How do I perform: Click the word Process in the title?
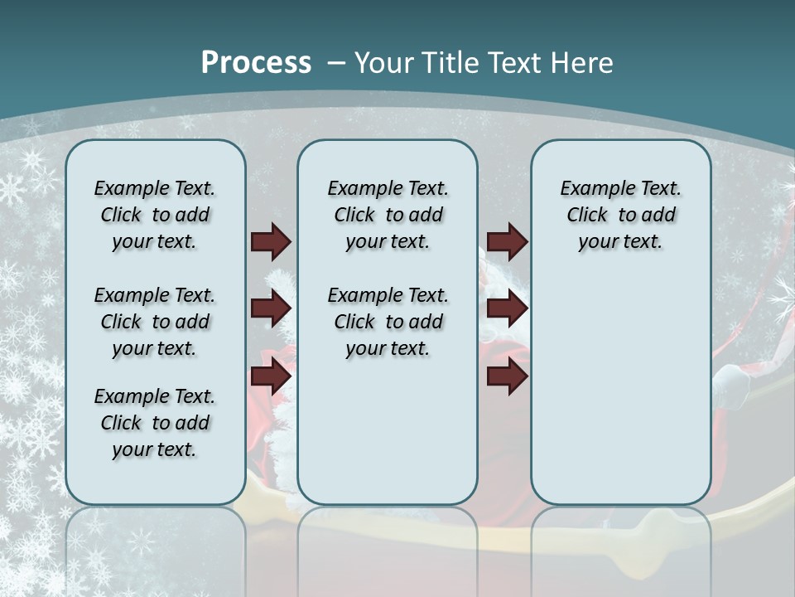[256, 63]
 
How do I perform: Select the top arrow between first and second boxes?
[271, 242]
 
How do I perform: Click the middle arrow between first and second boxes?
[271, 309]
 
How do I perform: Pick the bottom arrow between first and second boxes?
[271, 376]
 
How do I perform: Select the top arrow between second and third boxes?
[508, 242]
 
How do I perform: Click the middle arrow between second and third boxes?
[508, 309]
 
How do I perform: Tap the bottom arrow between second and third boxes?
[508, 376]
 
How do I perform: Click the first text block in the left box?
[155, 215]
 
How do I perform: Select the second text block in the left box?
[155, 322]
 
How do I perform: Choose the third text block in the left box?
[155, 423]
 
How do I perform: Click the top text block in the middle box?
[388, 215]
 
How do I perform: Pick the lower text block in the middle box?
[388, 322]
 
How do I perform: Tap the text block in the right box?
[620, 215]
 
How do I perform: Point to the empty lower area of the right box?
[620, 390]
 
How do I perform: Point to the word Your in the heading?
[385, 63]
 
